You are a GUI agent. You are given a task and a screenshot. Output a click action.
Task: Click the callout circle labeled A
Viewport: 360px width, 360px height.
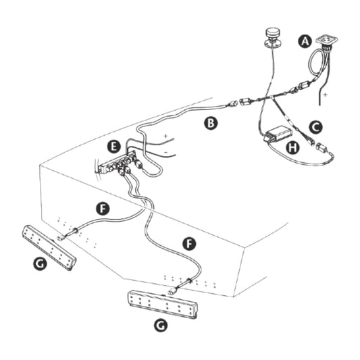click(x=305, y=42)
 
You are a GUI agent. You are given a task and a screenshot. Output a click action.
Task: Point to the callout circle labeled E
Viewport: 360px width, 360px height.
click(x=115, y=146)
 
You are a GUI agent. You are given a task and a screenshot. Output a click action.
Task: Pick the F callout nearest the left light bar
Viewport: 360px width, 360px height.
click(x=102, y=208)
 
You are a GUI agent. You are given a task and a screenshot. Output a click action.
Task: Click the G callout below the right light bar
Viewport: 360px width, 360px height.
click(x=161, y=325)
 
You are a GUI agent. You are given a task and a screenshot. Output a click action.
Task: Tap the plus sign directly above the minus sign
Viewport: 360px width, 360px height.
click(x=165, y=137)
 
